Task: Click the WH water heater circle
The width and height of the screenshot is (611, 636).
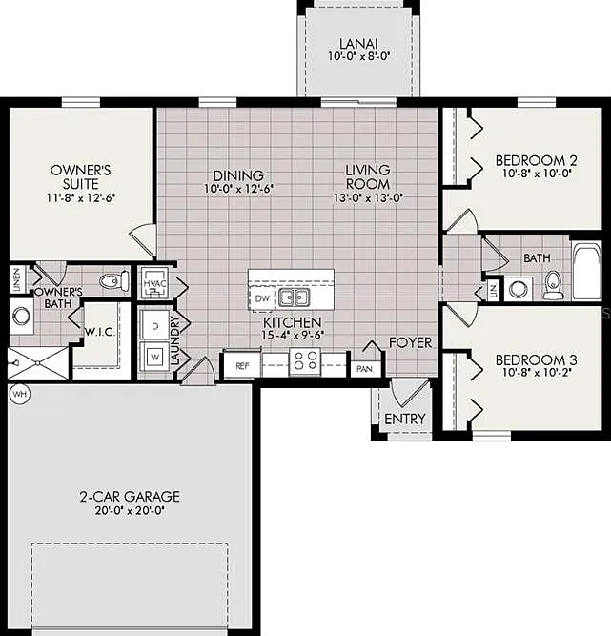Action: click(x=20, y=394)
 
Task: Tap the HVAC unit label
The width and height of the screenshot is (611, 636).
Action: click(x=154, y=283)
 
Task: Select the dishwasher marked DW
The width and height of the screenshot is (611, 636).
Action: click(x=262, y=298)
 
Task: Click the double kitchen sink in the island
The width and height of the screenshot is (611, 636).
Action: click(x=294, y=297)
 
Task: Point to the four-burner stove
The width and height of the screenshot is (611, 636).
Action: click(x=305, y=360)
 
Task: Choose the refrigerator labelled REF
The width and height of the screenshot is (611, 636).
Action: click(x=242, y=365)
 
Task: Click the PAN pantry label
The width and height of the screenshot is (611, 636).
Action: click(x=364, y=369)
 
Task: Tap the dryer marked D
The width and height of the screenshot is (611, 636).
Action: click(x=154, y=325)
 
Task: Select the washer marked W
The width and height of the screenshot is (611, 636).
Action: click(x=154, y=357)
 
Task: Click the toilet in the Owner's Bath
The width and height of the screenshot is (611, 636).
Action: click(x=114, y=280)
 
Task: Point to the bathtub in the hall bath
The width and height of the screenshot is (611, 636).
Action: click(x=586, y=271)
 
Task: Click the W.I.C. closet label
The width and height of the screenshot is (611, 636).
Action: click(x=100, y=332)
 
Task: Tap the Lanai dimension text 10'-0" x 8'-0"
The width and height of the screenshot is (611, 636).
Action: click(x=358, y=56)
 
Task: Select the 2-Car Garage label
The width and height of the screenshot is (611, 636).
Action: click(x=130, y=497)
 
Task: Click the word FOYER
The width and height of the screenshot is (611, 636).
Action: click(x=410, y=342)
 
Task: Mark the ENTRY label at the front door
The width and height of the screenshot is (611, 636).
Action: click(x=405, y=419)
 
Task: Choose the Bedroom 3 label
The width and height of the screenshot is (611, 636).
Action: click(x=537, y=359)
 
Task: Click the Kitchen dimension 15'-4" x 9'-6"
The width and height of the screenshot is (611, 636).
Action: click(x=293, y=335)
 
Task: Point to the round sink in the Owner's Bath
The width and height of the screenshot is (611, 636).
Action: click(x=21, y=316)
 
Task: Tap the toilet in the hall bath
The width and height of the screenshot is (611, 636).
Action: click(x=552, y=284)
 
